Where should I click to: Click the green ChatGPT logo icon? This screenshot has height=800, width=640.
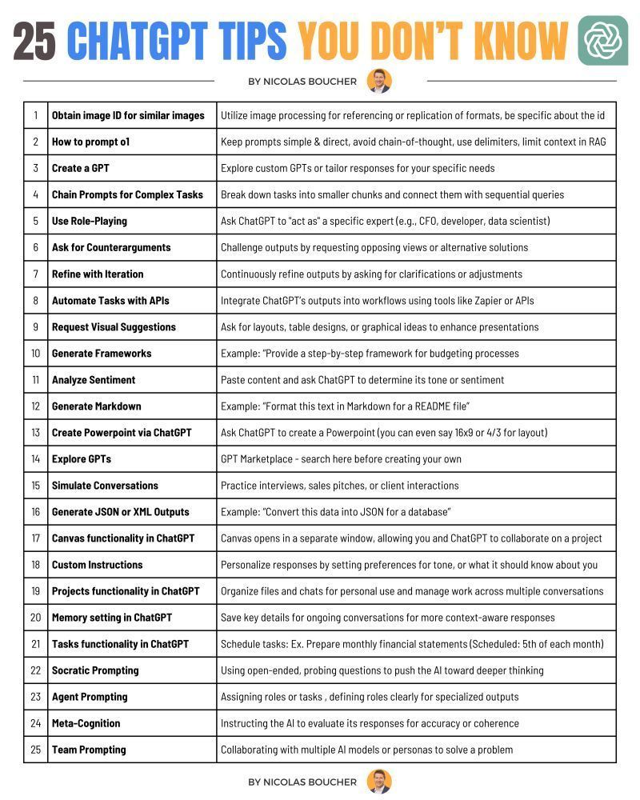coord(602,41)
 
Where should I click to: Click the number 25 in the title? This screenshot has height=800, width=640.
coord(34,41)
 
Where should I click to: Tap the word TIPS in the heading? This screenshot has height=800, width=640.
coord(250,41)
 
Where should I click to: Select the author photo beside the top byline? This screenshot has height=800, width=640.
coord(379,81)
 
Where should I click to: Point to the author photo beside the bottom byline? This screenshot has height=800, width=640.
coord(379,782)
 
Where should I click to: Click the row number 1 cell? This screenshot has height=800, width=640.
coord(35,115)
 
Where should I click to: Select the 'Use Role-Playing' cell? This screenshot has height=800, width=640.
coord(90,221)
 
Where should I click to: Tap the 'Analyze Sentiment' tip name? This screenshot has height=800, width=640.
coord(94,380)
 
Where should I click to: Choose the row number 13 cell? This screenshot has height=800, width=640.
coord(35,433)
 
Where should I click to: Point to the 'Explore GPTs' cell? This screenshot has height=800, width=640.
coord(82,459)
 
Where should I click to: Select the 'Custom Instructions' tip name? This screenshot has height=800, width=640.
coord(97,565)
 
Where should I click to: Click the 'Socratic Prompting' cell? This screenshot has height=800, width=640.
coord(95,670)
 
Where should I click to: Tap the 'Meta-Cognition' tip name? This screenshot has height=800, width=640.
coord(86,723)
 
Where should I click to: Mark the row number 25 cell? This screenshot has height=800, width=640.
coord(35,750)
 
